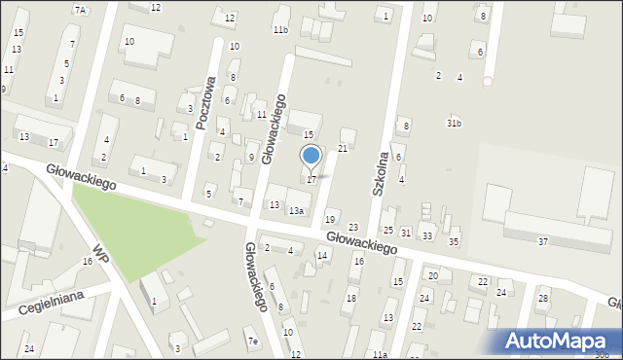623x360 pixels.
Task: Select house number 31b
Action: coord(454,123)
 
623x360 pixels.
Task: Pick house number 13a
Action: coord(296,210)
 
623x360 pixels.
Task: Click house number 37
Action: coord(543,241)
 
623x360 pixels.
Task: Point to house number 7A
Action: coord(80,10)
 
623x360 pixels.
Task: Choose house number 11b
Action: coord(280,30)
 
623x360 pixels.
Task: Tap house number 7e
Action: coord(252,341)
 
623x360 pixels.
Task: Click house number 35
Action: coord(453,241)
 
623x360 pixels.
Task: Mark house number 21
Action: coord(343,148)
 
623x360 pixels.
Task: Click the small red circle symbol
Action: coord(488,83)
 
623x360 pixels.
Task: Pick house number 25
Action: coord(387,231)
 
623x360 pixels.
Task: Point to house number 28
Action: coord(543,298)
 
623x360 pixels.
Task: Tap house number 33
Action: coord(427,236)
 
